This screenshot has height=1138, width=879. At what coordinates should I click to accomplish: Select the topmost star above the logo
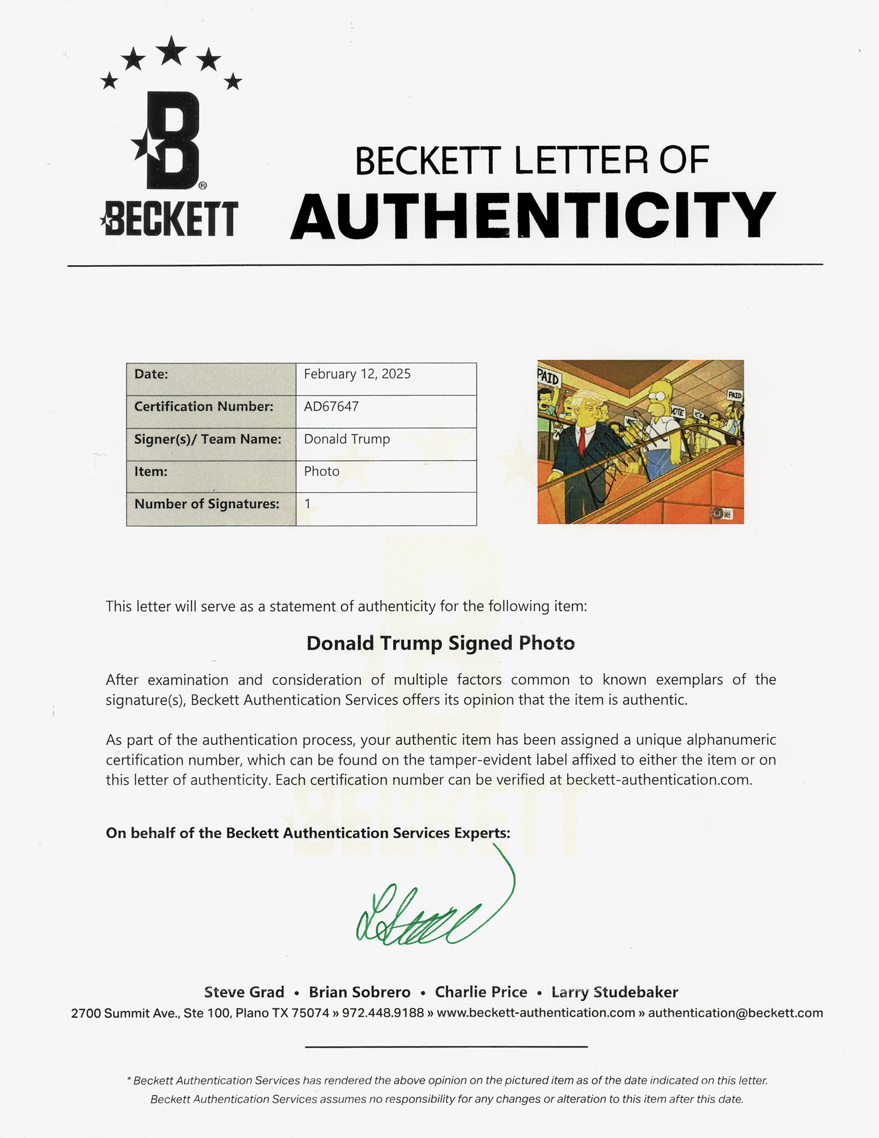pos(171,51)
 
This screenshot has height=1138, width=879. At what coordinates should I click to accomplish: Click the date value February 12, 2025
pos(357,374)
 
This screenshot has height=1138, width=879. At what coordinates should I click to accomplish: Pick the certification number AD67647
pos(331,406)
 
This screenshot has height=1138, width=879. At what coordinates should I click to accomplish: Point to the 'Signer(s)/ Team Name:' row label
pos(208,439)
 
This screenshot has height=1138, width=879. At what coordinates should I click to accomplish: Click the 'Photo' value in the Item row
pos(321,471)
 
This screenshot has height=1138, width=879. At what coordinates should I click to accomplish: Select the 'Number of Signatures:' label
pos(207,504)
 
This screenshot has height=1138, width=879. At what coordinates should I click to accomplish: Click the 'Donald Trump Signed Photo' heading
pos(440,643)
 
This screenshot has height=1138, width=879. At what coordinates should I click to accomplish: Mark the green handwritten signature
pos(432,910)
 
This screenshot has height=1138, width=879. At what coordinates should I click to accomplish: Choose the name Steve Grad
pos(244,992)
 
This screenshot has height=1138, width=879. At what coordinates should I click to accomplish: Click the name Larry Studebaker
pos(614,992)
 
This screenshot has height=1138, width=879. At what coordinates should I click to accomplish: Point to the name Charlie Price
pos(481,992)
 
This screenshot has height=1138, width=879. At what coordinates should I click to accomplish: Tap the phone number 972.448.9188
pos(383,1013)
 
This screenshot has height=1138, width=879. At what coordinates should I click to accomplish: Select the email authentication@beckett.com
pos(735,1013)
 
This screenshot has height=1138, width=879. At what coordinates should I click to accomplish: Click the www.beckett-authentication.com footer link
pos(535,1013)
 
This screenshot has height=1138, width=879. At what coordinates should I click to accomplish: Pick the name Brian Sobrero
pos(360,992)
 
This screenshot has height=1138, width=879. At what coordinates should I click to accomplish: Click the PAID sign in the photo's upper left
pos(548,377)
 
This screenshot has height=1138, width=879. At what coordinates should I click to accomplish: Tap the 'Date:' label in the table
pos(151,374)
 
